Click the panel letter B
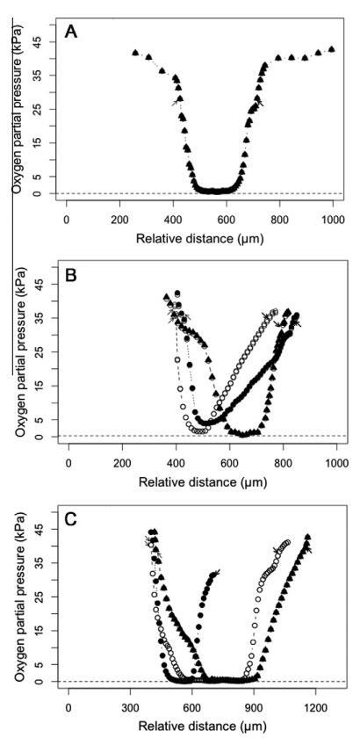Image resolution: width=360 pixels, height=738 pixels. [x=71, y=275]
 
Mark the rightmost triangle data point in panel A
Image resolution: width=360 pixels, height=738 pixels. [x=332, y=49]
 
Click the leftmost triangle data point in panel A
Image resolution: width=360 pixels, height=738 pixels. [x=135, y=53]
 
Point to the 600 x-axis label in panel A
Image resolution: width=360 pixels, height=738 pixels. [x=227, y=219]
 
